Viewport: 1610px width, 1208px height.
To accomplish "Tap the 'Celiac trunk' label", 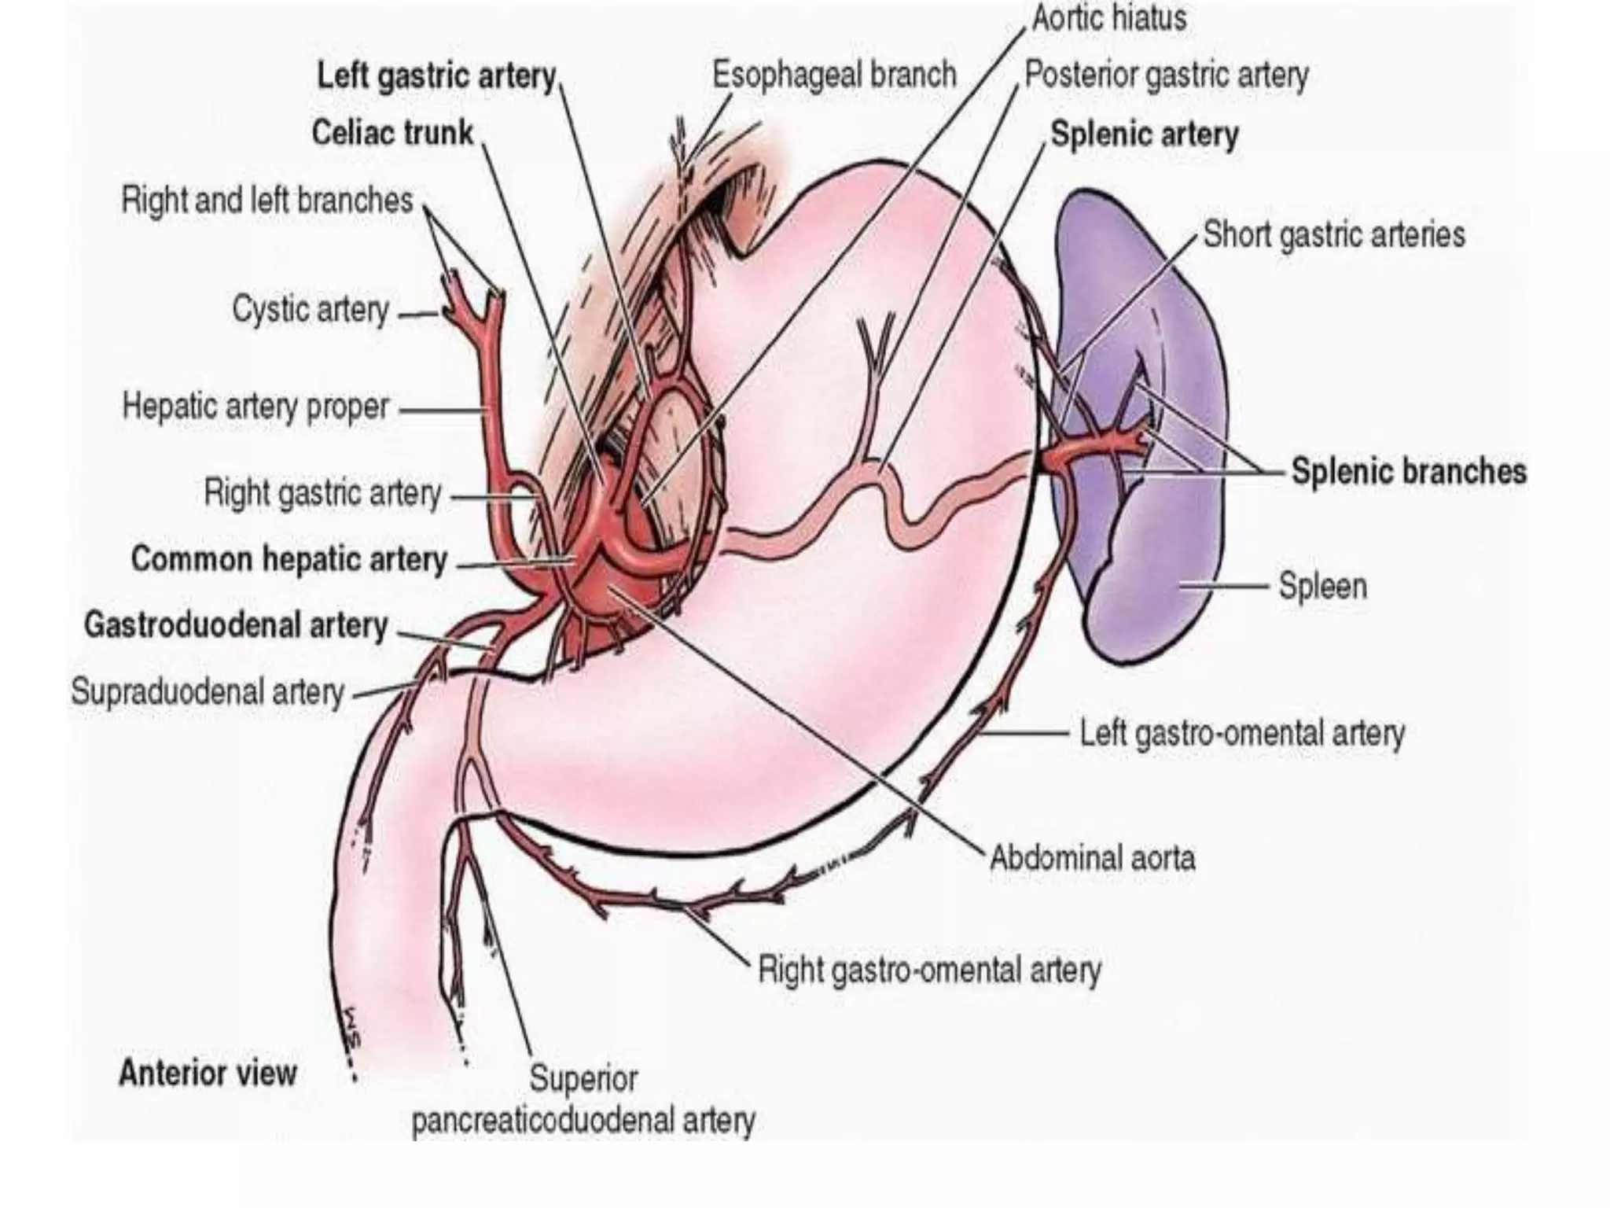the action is tap(392, 133).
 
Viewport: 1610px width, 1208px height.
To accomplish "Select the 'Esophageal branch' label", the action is tap(834, 75).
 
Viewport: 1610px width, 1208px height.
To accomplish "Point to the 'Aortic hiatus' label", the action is tap(1108, 19).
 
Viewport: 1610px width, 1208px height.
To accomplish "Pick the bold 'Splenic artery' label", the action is tap(1145, 134).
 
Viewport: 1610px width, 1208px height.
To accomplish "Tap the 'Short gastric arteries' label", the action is tap(1334, 235).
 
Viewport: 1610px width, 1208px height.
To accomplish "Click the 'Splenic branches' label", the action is tap(1409, 472).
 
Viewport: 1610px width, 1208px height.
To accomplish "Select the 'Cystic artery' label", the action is tap(311, 310).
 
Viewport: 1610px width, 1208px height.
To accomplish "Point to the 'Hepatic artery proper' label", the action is tap(255, 407).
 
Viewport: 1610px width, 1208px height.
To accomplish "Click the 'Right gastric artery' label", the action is tap(322, 494).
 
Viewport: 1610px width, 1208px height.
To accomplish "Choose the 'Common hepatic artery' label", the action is tap(289, 559).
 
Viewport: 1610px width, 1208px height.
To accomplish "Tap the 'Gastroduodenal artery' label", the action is tap(236, 625).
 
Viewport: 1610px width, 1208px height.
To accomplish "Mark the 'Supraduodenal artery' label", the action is tap(208, 693).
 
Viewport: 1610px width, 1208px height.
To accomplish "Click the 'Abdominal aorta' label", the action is tap(1092, 857).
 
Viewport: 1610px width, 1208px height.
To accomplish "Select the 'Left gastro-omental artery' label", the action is tap(1242, 734).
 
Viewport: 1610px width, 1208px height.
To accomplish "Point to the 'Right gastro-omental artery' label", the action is tap(929, 970).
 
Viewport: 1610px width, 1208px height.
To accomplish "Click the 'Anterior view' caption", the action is tap(208, 1073).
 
